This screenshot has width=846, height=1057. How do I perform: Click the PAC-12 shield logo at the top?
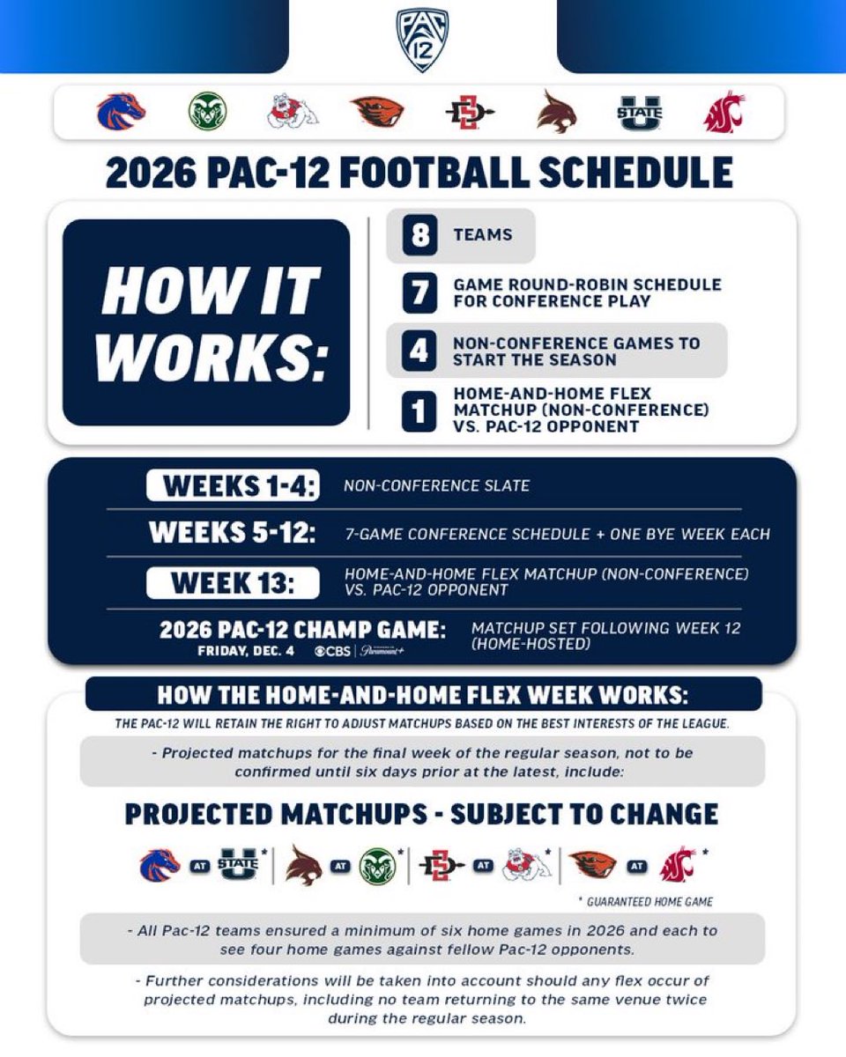pyautogui.click(x=422, y=41)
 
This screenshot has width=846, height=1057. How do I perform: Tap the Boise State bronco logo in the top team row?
pyautogui.click(x=121, y=113)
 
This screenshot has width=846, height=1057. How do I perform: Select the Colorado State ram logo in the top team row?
pyautogui.click(x=208, y=113)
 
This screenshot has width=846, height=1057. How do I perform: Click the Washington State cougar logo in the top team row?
pyautogui.click(x=724, y=113)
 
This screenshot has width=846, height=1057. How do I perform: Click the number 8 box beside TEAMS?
pyautogui.click(x=420, y=236)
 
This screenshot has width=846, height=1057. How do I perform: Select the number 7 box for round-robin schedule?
pyautogui.click(x=420, y=293)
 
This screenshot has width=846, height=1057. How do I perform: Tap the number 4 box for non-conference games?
pyautogui.click(x=420, y=351)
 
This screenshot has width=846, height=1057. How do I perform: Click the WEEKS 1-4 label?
pyautogui.click(x=233, y=485)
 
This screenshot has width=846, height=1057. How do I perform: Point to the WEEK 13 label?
pyautogui.click(x=233, y=582)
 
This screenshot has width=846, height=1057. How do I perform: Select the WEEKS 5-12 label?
pyautogui.click(x=233, y=534)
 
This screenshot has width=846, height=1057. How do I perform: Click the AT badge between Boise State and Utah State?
pyautogui.click(x=198, y=866)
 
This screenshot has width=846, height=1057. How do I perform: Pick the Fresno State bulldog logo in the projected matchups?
pyautogui.click(x=526, y=866)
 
